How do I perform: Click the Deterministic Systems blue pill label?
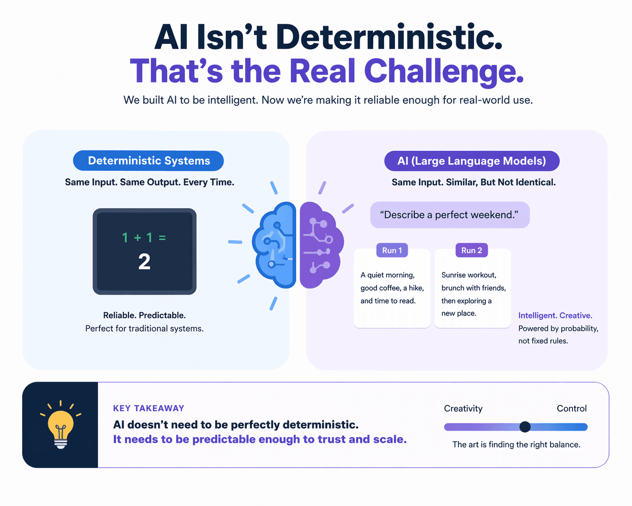point(148,161)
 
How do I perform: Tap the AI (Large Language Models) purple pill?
point(472,161)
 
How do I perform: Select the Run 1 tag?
point(392,250)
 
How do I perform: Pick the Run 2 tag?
point(472,250)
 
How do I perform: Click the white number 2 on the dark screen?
point(144,262)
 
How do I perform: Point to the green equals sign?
point(162,238)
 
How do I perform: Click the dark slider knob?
point(525,427)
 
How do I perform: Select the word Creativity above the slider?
point(463,409)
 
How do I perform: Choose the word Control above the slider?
point(571,409)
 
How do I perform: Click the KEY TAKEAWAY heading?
point(148,409)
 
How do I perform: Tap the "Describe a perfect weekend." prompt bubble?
point(449,215)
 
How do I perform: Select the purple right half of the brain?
point(321,244)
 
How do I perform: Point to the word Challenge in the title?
point(444,71)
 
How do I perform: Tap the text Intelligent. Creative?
point(555,316)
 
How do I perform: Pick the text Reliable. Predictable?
point(144,315)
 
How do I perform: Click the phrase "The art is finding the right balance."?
point(516,445)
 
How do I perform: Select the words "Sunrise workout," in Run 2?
point(468,275)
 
